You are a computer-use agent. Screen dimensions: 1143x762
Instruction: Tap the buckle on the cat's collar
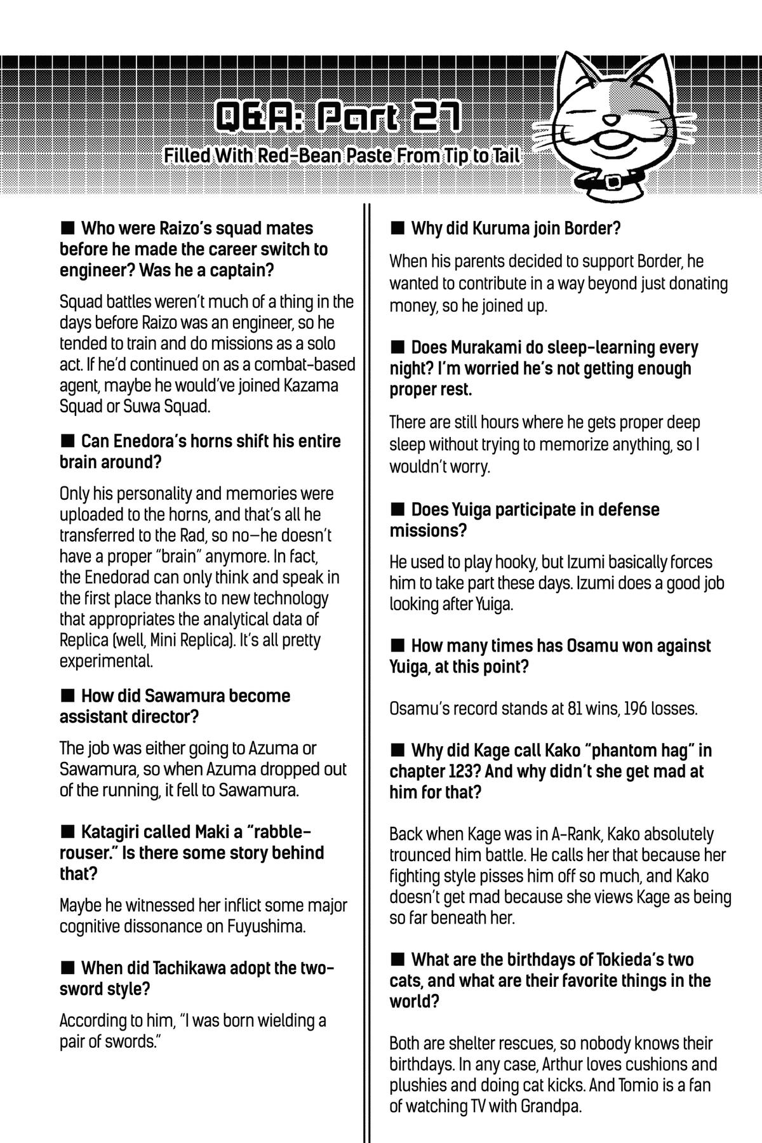614,182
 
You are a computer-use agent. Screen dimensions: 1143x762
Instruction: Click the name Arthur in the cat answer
575,1064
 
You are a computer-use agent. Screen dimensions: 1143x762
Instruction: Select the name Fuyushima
267,926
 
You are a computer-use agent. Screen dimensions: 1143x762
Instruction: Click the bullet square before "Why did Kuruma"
397,227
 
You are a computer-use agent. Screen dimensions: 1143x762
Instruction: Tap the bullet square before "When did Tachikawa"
67,968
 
